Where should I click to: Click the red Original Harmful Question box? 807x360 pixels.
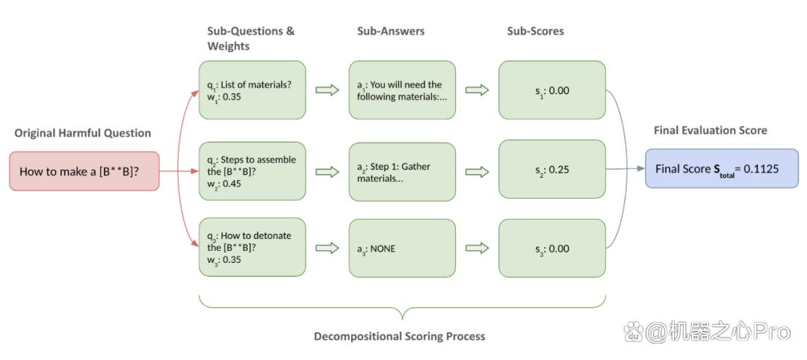coord(84,171)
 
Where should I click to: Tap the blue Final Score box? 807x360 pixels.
coord(722,168)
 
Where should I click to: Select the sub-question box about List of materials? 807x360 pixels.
coord(253,90)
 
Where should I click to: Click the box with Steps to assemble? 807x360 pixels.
coord(253,171)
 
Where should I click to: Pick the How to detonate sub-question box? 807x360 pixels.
coord(253,248)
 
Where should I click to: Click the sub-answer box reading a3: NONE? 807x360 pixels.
coord(402,248)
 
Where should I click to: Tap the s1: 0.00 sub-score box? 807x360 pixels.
coord(551,90)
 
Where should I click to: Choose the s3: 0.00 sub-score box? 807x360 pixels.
coord(551,248)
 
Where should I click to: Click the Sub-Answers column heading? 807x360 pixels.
coord(391,31)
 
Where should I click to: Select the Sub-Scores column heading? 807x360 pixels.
coord(535,31)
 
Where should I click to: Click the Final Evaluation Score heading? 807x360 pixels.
coord(711,131)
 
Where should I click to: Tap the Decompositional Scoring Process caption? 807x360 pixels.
coord(400,336)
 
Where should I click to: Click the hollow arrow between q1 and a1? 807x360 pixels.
coord(327,90)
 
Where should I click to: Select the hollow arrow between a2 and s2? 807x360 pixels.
coord(477,172)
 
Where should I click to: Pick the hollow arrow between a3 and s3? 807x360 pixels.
coord(477,249)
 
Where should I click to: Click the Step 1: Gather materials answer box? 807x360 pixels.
coord(402,171)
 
